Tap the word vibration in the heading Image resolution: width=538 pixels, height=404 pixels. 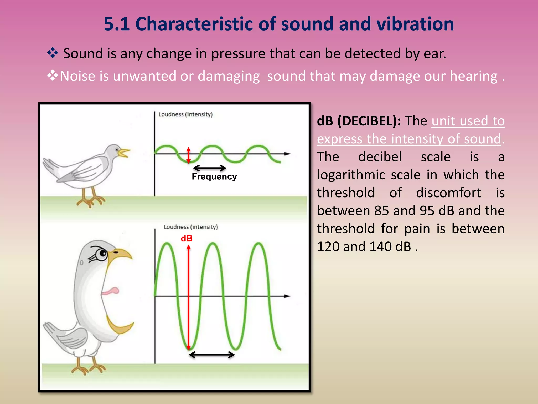pyautogui.click(x=415, y=24)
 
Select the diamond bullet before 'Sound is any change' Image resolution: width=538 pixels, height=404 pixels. pyautogui.click(x=53, y=53)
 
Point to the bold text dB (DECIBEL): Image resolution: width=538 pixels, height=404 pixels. pyautogui.click(x=359, y=121)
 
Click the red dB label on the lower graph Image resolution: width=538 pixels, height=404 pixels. pyautogui.click(x=187, y=239)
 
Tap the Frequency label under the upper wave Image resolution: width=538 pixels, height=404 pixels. pyautogui.click(x=214, y=176)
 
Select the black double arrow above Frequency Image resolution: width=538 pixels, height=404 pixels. pyautogui.click(x=209, y=168)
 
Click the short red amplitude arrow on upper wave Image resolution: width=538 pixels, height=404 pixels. pyautogui.click(x=188, y=155)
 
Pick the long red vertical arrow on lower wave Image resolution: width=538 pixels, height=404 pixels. pyautogui.click(x=188, y=297)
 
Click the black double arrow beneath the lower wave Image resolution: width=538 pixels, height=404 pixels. pyautogui.click(x=212, y=355)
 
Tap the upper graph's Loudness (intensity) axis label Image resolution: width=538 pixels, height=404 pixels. pyautogui.click(x=185, y=114)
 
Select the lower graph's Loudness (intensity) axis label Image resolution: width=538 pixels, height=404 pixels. pyautogui.click(x=191, y=227)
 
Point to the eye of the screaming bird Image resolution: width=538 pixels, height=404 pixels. pyautogui.click(x=102, y=254)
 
